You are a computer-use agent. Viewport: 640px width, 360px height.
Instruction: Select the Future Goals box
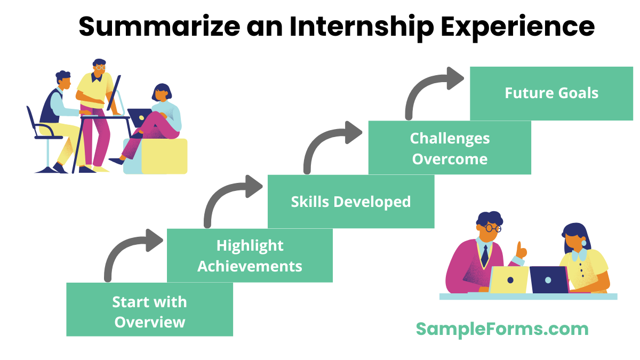(551, 93)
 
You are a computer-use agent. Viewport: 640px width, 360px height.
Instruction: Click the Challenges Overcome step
(450, 148)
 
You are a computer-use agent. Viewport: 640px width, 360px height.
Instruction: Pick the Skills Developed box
(350, 202)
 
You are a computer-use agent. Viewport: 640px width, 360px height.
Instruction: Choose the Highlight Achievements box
(250, 255)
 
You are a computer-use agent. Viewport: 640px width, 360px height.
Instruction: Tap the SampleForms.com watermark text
(502, 329)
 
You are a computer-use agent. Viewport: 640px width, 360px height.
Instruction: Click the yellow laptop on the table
(509, 279)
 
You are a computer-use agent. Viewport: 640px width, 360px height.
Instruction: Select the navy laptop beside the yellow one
(549, 279)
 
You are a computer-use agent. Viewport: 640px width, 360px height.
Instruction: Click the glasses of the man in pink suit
(491, 228)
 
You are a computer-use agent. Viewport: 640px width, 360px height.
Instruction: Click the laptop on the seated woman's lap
(139, 117)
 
